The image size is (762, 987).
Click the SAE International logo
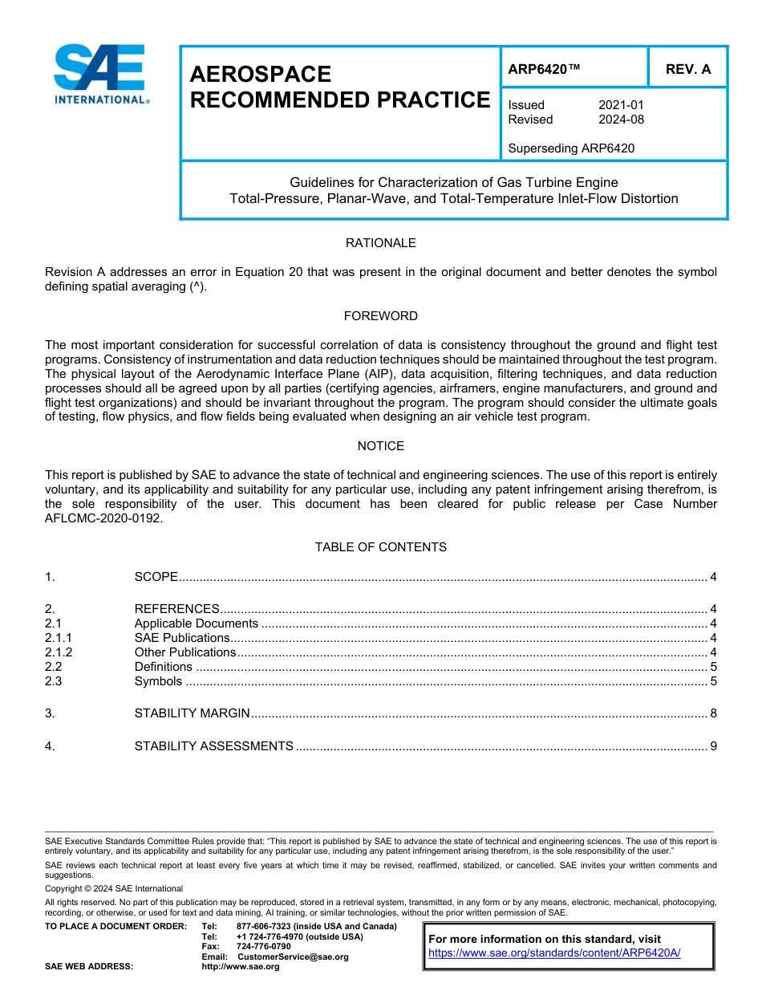coord(100,74)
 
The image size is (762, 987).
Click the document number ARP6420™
coord(543,69)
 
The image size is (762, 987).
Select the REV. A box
coord(687,69)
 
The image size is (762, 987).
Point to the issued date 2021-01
coord(621,105)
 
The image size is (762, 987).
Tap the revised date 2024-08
coord(621,120)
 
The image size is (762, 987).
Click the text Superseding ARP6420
coord(571,148)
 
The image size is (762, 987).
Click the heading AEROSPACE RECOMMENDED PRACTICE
coord(338,87)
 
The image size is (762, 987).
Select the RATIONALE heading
coord(380,243)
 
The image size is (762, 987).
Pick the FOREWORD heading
coord(380,316)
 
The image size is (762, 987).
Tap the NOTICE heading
coord(380,446)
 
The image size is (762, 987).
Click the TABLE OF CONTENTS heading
coord(380,547)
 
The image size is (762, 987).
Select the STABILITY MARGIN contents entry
coord(193,713)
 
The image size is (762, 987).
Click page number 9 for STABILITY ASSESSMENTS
coord(712,746)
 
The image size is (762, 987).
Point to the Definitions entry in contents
coord(163,667)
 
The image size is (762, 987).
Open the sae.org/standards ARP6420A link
coord(554,952)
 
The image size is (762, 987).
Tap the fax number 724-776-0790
coord(263,946)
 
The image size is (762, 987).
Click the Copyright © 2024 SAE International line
coord(114,888)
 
